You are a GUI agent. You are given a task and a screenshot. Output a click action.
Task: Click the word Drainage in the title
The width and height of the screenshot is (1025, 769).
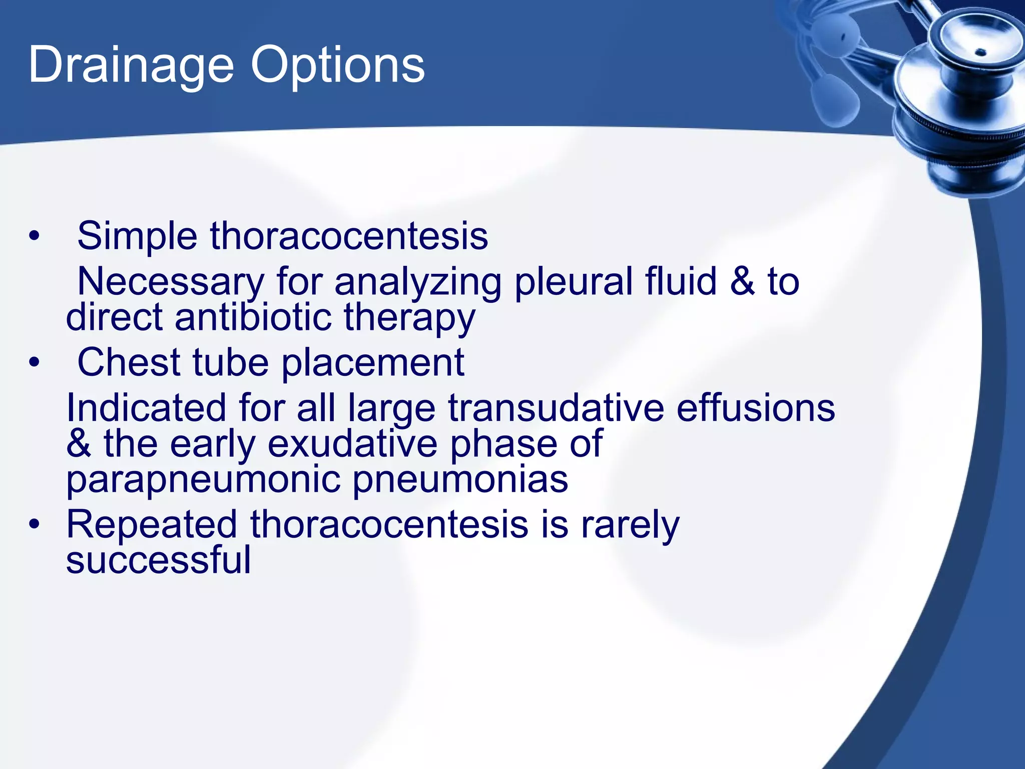[x=131, y=66]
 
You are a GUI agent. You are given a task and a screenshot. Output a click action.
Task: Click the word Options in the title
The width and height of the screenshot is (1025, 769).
[x=338, y=66]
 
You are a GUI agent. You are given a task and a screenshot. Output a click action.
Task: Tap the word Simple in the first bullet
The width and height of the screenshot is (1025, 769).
[x=137, y=236]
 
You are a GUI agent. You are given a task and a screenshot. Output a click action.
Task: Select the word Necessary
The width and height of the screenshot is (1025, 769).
[x=170, y=282]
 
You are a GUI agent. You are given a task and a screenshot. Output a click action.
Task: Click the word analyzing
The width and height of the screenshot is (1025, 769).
[x=418, y=282]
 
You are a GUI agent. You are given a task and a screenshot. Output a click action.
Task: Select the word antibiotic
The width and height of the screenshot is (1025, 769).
[x=253, y=317]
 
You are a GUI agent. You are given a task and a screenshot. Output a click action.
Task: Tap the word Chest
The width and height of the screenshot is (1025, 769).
[x=129, y=362]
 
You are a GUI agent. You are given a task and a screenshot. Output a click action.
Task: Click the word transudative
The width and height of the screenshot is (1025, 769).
[x=556, y=408]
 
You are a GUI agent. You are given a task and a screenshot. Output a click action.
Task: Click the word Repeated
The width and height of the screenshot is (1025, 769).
[x=152, y=525]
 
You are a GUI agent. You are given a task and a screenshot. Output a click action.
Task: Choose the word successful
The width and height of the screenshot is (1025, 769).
[x=158, y=560]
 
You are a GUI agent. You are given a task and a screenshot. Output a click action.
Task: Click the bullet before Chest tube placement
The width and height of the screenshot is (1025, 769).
[x=34, y=362]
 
